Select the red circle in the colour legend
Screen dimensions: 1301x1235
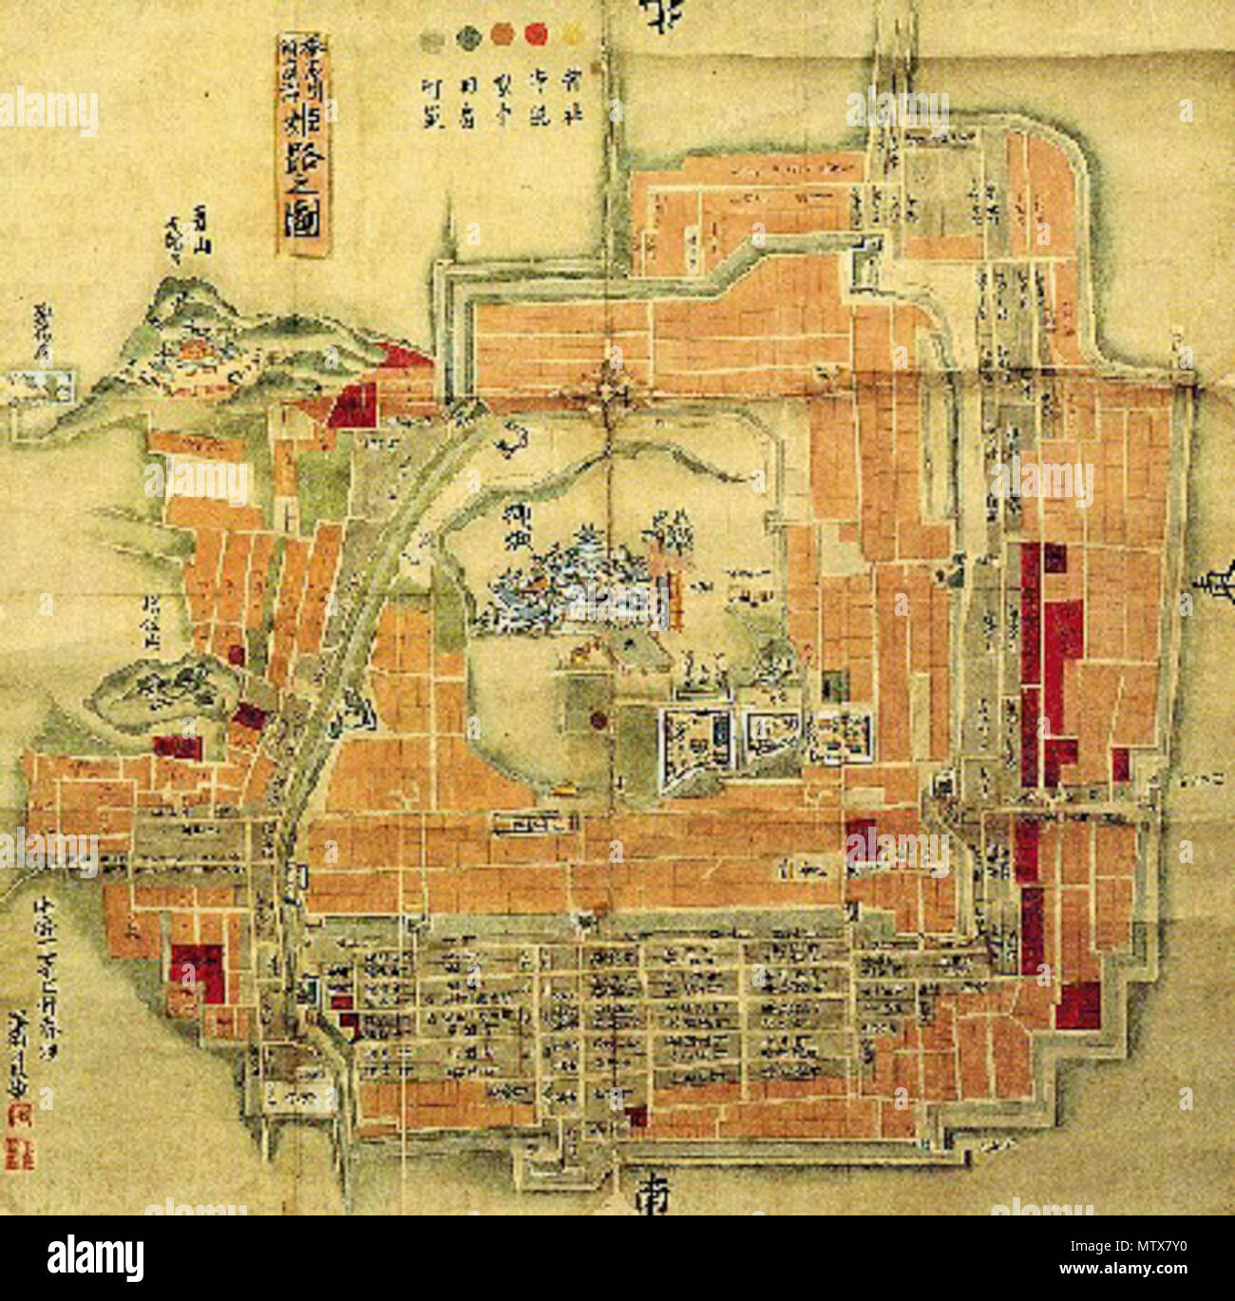point(537,35)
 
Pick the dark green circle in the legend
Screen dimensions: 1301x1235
point(467,36)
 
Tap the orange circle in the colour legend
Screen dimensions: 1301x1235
point(502,35)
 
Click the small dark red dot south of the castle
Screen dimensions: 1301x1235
point(598,719)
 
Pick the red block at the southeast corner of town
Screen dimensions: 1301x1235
point(1077,1005)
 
